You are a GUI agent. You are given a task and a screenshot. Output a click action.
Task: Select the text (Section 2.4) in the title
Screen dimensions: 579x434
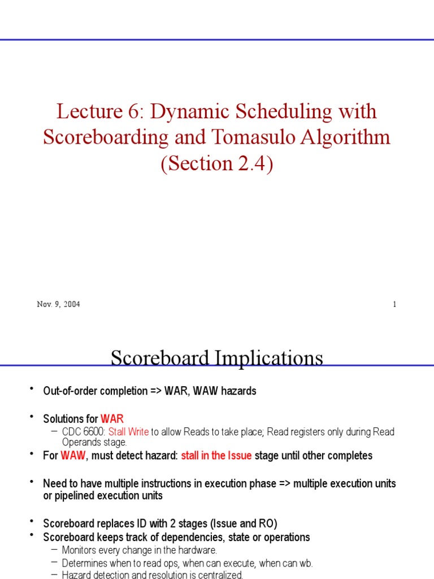[217, 163]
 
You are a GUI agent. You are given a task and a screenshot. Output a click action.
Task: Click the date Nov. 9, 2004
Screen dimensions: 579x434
[58, 304]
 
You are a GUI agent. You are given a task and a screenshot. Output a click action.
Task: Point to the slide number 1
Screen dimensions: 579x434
[394, 304]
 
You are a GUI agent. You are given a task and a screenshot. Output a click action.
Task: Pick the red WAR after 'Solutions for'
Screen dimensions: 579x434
[112, 419]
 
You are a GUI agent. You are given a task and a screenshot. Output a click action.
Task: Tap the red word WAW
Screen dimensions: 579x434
[72, 456]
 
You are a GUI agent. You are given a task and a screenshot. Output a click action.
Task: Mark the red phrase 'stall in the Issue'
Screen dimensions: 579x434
[216, 456]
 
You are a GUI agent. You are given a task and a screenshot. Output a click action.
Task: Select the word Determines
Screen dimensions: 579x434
[85, 563]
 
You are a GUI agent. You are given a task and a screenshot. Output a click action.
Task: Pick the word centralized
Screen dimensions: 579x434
[219, 575]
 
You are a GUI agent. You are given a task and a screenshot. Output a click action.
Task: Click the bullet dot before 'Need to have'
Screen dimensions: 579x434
[32, 482]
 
